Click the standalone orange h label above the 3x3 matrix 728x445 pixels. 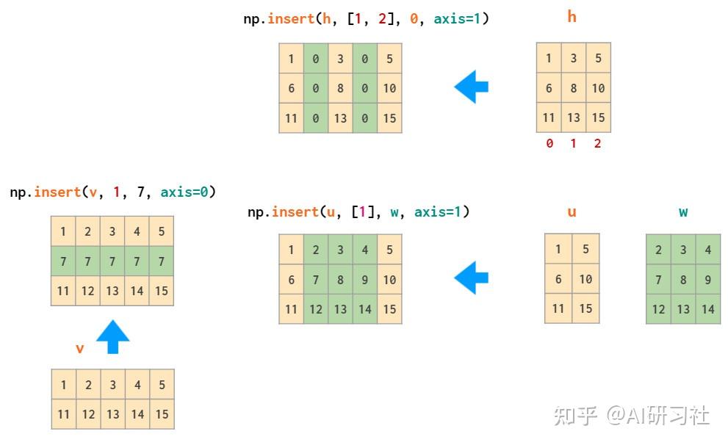click(572, 17)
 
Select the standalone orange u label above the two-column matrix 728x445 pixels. click(572, 212)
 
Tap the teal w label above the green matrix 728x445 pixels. click(683, 212)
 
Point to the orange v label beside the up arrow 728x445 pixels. click(80, 349)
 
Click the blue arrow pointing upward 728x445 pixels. click(113, 337)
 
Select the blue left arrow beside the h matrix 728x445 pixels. click(471, 87)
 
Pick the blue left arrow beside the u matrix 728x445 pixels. click(471, 278)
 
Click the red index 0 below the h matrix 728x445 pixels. click(549, 143)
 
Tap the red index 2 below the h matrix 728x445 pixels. click(597, 143)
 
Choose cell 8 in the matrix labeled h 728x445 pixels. click(574, 87)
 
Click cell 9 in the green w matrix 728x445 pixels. click(707, 279)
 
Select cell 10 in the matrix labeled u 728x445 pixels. click(585, 279)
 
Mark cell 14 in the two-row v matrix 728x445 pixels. click(137, 414)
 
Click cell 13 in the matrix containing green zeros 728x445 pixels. click(340, 118)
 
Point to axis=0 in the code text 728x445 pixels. click(184, 192)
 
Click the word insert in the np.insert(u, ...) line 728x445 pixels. click(295, 212)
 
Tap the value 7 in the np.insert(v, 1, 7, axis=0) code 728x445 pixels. click(141, 192)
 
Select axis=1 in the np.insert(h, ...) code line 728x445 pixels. click(457, 18)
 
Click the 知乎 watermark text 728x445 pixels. click(575, 416)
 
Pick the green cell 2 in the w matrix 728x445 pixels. click(658, 250)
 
